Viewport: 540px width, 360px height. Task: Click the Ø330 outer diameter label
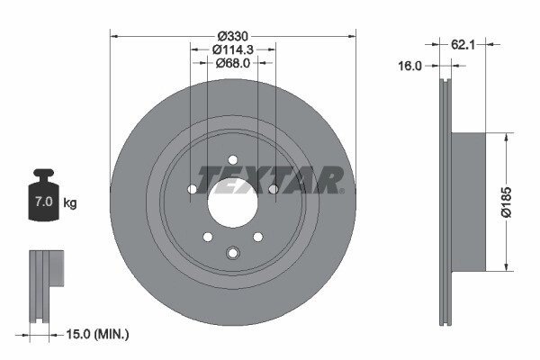pyautogui.click(x=233, y=36)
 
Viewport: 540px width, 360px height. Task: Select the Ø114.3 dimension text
pyautogui.click(x=233, y=49)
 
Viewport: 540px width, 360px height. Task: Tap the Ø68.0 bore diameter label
pyautogui.click(x=233, y=63)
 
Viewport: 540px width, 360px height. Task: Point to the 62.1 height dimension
pyautogui.click(x=463, y=44)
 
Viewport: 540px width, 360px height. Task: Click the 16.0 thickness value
pyautogui.click(x=409, y=66)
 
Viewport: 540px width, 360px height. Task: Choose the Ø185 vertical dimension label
pyautogui.click(x=506, y=202)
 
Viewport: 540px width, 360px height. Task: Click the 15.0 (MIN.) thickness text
pyautogui.click(x=97, y=334)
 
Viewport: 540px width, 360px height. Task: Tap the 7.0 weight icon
pyautogui.click(x=44, y=194)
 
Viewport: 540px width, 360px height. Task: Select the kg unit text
pyautogui.click(x=70, y=202)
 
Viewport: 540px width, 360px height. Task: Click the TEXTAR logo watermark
pyautogui.click(x=269, y=180)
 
